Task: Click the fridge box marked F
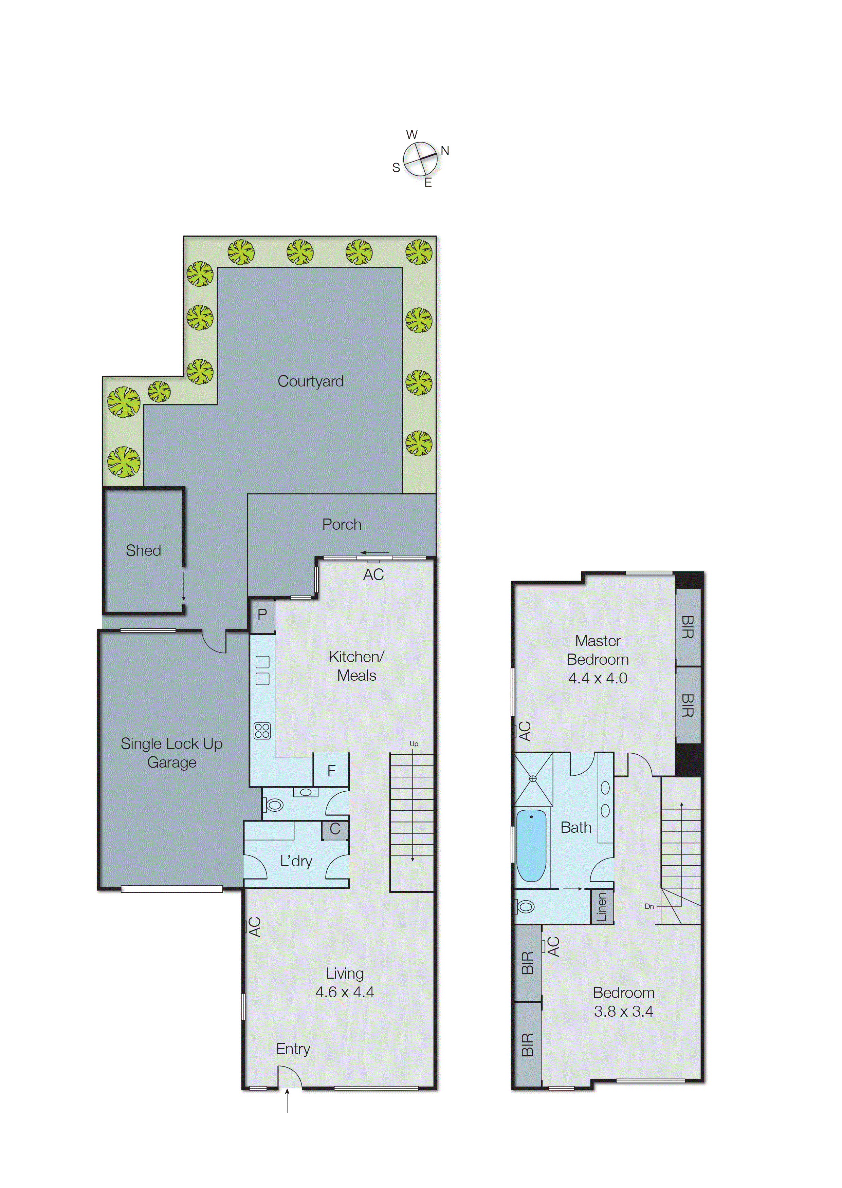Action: (x=331, y=771)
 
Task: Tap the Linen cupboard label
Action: (x=601, y=907)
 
